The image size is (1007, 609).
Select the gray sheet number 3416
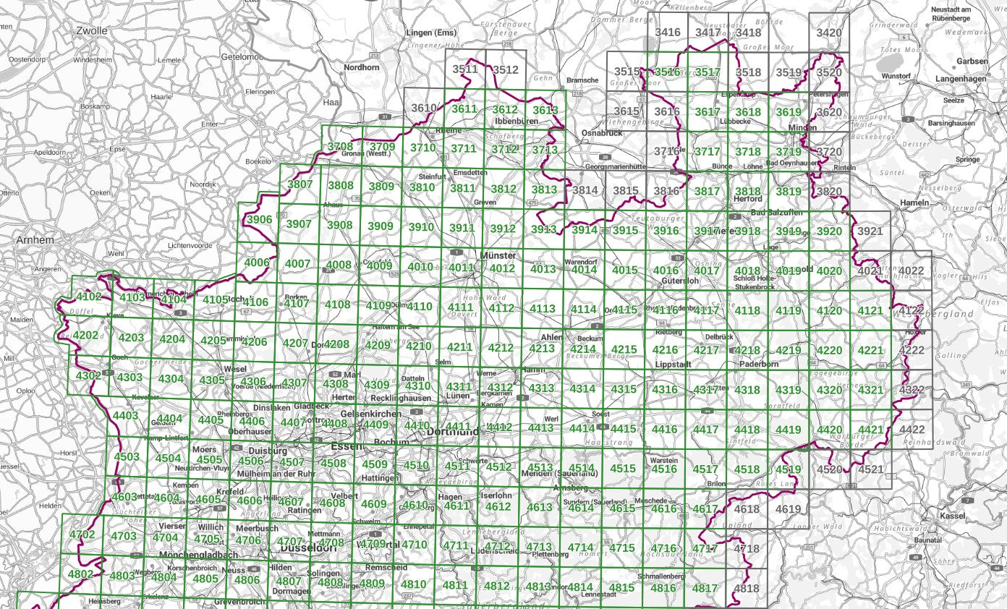point(668,33)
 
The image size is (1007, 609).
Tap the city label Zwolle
point(91,31)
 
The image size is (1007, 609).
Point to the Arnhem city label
point(34,239)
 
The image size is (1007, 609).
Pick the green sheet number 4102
point(89,297)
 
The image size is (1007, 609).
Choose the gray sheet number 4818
point(747,588)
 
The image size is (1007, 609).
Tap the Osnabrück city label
point(602,133)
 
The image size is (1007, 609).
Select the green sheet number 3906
point(258,220)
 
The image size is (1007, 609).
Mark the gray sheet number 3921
point(870,231)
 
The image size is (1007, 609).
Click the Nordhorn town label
point(361,67)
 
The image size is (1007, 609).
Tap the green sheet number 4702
point(82,535)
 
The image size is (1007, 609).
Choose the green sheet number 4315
point(624,389)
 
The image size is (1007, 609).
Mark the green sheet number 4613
point(539,507)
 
